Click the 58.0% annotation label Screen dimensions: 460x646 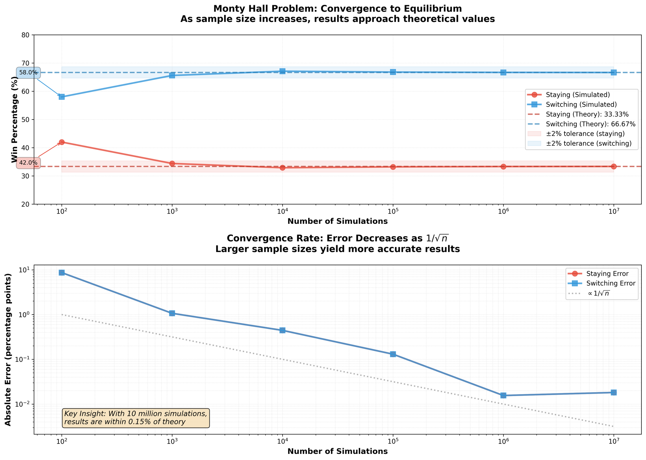click(28, 73)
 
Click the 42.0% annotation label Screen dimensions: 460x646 click(28, 163)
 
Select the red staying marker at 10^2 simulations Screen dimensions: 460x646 click(62, 142)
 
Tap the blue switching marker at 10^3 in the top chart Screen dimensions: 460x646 click(172, 75)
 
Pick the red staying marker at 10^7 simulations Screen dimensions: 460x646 click(614, 166)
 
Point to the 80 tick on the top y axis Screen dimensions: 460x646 click(26, 35)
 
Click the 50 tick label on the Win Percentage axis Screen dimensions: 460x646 click(26, 120)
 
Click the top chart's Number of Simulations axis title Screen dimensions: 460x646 click(338, 222)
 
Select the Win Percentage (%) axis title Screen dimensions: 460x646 click(14, 120)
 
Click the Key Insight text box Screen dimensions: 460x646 click(136, 418)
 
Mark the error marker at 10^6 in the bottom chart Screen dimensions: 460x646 click(503, 395)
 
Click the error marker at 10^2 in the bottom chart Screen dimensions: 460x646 click(62, 273)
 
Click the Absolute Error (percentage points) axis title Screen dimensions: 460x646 click(8, 350)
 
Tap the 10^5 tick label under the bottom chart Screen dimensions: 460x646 click(393, 442)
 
